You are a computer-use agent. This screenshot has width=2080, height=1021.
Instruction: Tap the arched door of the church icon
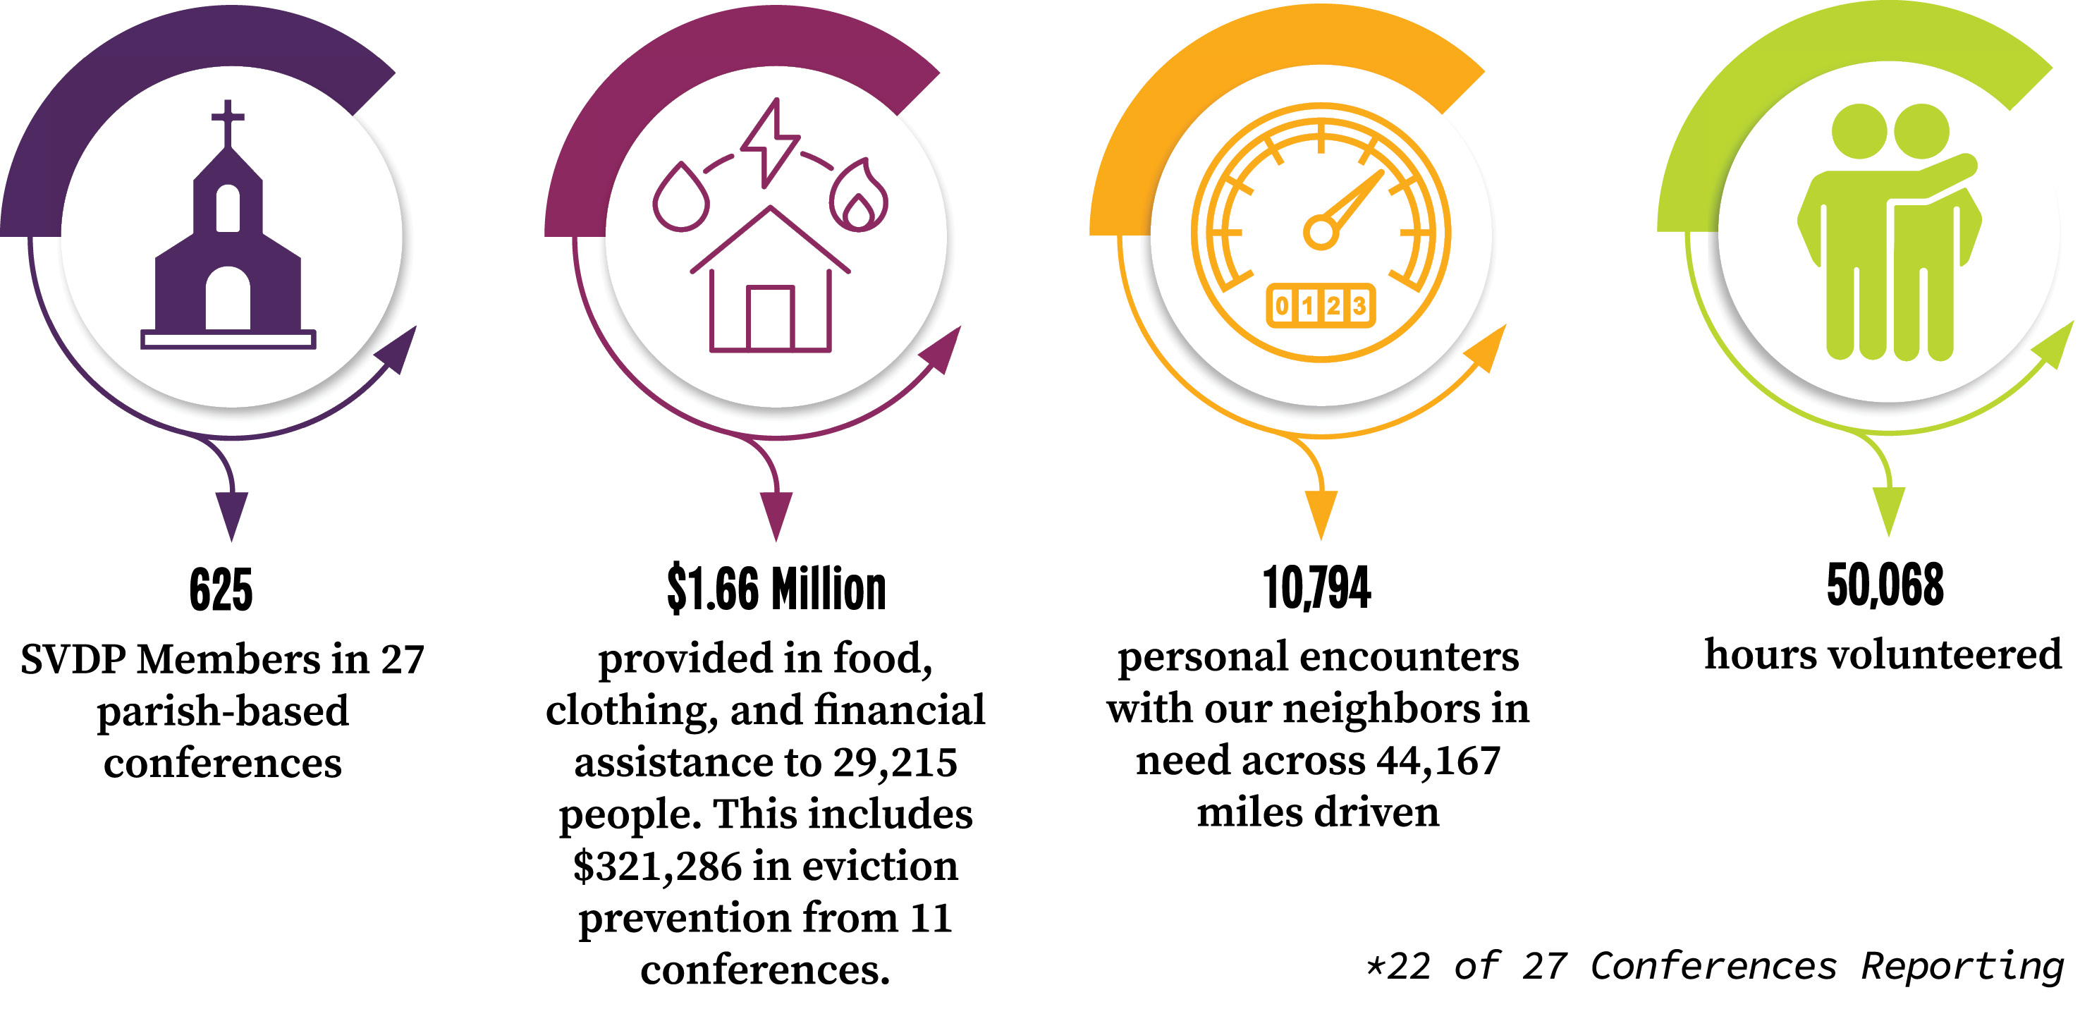coord(228,299)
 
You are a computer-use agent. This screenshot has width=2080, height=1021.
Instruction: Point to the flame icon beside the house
coord(858,198)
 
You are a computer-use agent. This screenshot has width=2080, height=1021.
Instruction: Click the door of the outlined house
coord(769,318)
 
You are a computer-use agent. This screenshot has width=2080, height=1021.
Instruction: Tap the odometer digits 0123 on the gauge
coord(1320,305)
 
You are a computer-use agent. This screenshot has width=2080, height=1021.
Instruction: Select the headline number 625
coord(221,589)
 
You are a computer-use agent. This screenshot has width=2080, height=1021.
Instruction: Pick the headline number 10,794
coord(1316,588)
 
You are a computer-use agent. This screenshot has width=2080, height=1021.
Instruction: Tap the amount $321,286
coord(656,866)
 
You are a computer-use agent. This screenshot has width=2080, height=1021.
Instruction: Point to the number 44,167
coord(1438,760)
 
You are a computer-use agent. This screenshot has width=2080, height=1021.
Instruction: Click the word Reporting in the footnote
coord(1962,966)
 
